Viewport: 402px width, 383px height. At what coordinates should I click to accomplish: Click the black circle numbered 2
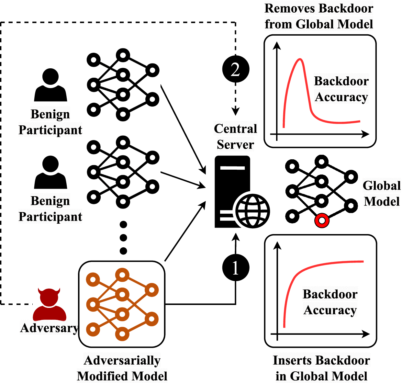236,69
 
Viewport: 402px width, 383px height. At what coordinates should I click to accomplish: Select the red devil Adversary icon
49,304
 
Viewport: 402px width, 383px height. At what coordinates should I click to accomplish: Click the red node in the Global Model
322,220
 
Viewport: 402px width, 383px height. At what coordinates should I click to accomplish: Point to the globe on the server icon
252,211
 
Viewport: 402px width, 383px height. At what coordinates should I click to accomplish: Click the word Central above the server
235,129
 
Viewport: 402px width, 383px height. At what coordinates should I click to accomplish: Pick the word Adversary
49,328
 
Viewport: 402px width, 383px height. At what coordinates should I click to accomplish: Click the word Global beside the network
382,186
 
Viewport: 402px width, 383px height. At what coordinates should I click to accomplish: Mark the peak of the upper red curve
300,59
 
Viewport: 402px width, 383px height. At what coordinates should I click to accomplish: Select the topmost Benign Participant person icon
50,85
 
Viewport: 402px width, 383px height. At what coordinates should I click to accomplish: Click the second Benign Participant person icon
50,172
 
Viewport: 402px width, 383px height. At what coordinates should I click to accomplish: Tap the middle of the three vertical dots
123,238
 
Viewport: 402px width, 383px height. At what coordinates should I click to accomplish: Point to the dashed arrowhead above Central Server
236,112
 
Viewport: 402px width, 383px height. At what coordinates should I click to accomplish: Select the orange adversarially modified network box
122,304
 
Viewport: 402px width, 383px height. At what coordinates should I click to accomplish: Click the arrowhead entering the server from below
236,237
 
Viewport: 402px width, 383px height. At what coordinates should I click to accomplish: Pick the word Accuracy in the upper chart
341,97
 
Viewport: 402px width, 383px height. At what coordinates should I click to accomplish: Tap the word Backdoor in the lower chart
330,294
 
